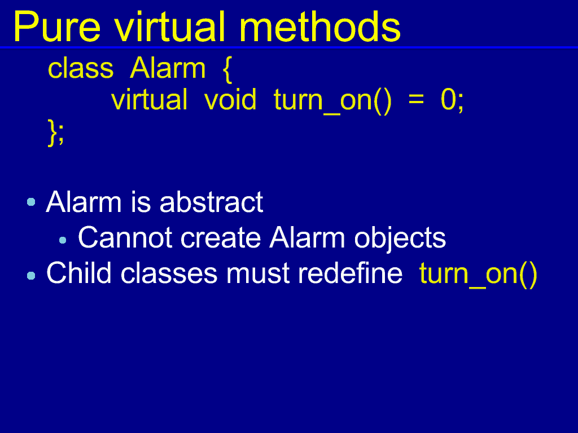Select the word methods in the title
click(319, 26)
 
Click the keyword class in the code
click(81, 68)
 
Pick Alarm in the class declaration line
click(168, 68)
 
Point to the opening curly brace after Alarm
click(227, 69)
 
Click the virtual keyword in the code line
click(149, 99)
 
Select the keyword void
click(230, 99)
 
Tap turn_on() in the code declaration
click(332, 100)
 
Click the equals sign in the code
click(416, 100)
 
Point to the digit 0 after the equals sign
click(449, 99)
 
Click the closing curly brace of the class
click(52, 132)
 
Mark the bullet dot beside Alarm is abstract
click(32, 202)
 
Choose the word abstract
click(211, 202)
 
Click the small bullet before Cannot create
click(63, 240)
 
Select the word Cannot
click(125, 237)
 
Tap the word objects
click(400, 239)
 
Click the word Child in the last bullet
click(79, 273)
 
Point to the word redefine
click(350, 273)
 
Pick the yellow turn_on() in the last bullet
click(478, 275)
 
